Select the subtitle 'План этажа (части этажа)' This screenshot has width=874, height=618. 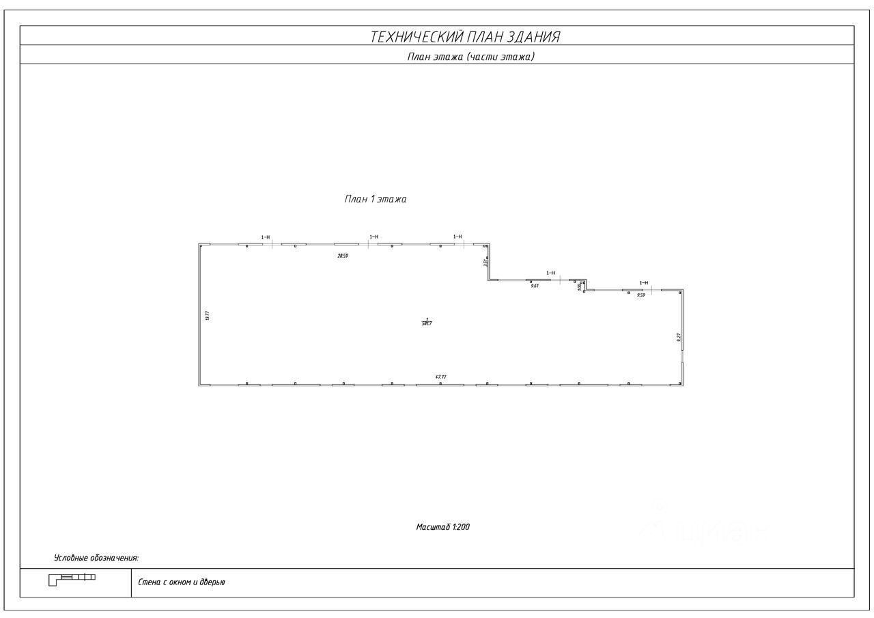pyautogui.click(x=470, y=57)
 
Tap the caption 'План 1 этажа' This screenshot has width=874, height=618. pyautogui.click(x=375, y=200)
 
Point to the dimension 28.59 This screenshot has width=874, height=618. pyautogui.click(x=343, y=256)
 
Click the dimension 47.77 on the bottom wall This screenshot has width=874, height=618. pyautogui.click(x=440, y=377)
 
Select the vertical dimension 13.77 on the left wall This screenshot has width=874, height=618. pyautogui.click(x=206, y=315)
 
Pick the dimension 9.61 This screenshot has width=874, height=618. pyautogui.click(x=535, y=286)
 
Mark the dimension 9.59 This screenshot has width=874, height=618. pyautogui.click(x=640, y=295)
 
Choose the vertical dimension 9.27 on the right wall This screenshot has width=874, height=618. pyautogui.click(x=678, y=337)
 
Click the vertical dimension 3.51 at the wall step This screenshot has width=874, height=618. pyautogui.click(x=484, y=262)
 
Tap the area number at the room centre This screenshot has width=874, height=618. pyautogui.click(x=427, y=323)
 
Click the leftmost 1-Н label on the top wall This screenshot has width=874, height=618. pyautogui.click(x=266, y=237)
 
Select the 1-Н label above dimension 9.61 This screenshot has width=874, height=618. pyautogui.click(x=550, y=273)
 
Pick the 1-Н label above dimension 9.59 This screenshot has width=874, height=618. pyautogui.click(x=643, y=282)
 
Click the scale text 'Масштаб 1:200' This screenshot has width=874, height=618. pyautogui.click(x=443, y=527)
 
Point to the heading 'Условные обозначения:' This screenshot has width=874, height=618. pyautogui.click(x=96, y=559)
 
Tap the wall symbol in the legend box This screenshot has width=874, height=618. pyautogui.click(x=72, y=579)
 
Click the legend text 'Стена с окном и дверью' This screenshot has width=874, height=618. pyautogui.click(x=182, y=582)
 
